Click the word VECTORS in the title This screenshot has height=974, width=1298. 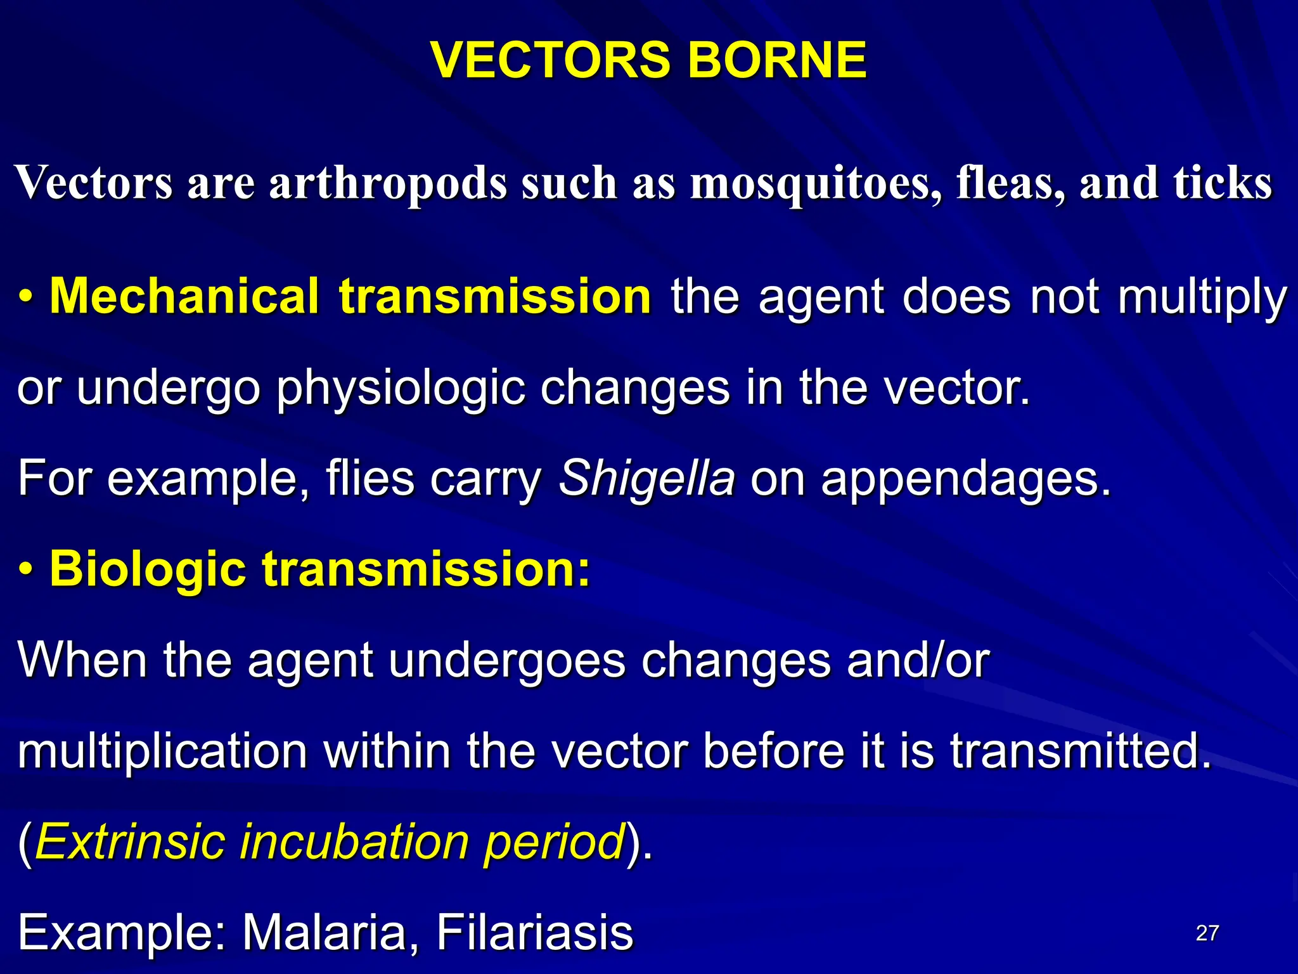coord(549,60)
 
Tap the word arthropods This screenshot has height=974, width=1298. coord(388,183)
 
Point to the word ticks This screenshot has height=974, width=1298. coord(1223,183)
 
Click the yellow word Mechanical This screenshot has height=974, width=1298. coord(184,297)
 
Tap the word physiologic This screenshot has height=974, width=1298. coord(401,389)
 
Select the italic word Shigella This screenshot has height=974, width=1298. coord(646,479)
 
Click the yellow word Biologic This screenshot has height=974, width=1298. coord(148,569)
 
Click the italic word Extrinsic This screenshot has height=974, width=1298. coord(130,842)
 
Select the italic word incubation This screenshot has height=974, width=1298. coord(352,842)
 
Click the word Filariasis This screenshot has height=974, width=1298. coord(534,933)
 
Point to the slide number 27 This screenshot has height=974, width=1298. coord(1207,933)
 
